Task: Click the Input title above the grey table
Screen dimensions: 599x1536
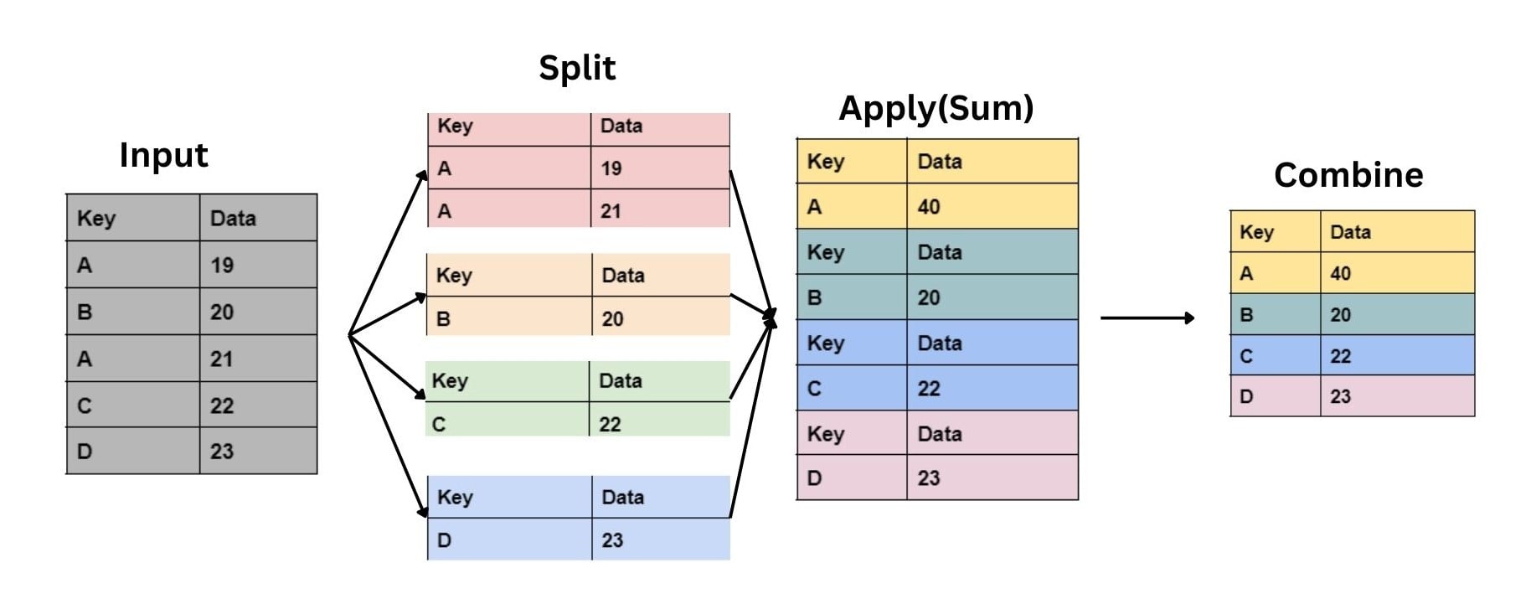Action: click(x=163, y=156)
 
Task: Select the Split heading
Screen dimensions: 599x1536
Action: click(x=576, y=68)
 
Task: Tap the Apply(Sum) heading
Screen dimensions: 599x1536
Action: click(x=936, y=108)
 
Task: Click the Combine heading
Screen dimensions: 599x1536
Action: click(x=1348, y=175)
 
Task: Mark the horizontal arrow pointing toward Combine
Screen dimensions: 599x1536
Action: click(x=1147, y=318)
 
